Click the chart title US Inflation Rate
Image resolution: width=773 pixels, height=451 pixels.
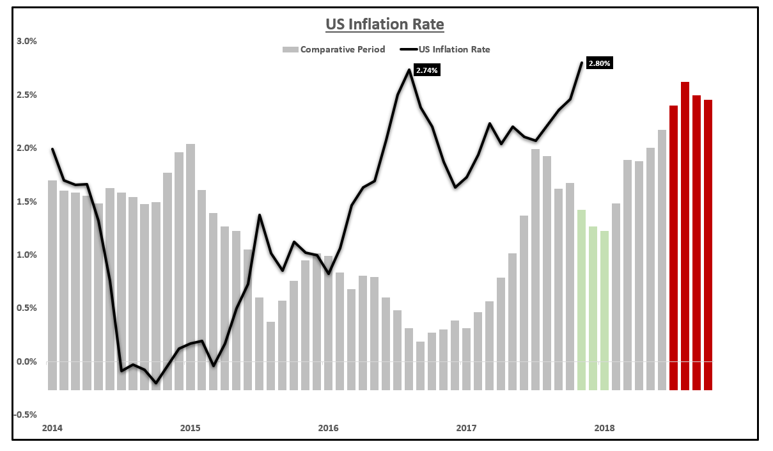pyautogui.click(x=385, y=25)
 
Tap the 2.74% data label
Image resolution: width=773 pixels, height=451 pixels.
pyautogui.click(x=426, y=70)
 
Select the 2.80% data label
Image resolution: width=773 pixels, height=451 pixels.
pyautogui.click(x=599, y=63)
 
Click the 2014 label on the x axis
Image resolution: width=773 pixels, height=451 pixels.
pyautogui.click(x=52, y=427)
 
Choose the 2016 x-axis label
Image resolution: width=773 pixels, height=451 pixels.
pyautogui.click(x=328, y=427)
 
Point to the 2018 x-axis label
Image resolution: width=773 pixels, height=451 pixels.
pyautogui.click(x=604, y=427)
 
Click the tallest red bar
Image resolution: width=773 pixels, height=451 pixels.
pyautogui.click(x=685, y=237)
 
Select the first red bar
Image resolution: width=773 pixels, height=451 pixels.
pyautogui.click(x=673, y=249)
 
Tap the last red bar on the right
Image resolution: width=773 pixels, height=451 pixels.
pyautogui.click(x=708, y=246)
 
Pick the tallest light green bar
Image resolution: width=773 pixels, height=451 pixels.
pyautogui.click(x=581, y=301)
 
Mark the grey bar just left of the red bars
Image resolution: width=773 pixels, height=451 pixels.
pyautogui.click(x=662, y=262)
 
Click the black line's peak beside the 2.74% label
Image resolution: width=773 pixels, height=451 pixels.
pyautogui.click(x=409, y=70)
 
